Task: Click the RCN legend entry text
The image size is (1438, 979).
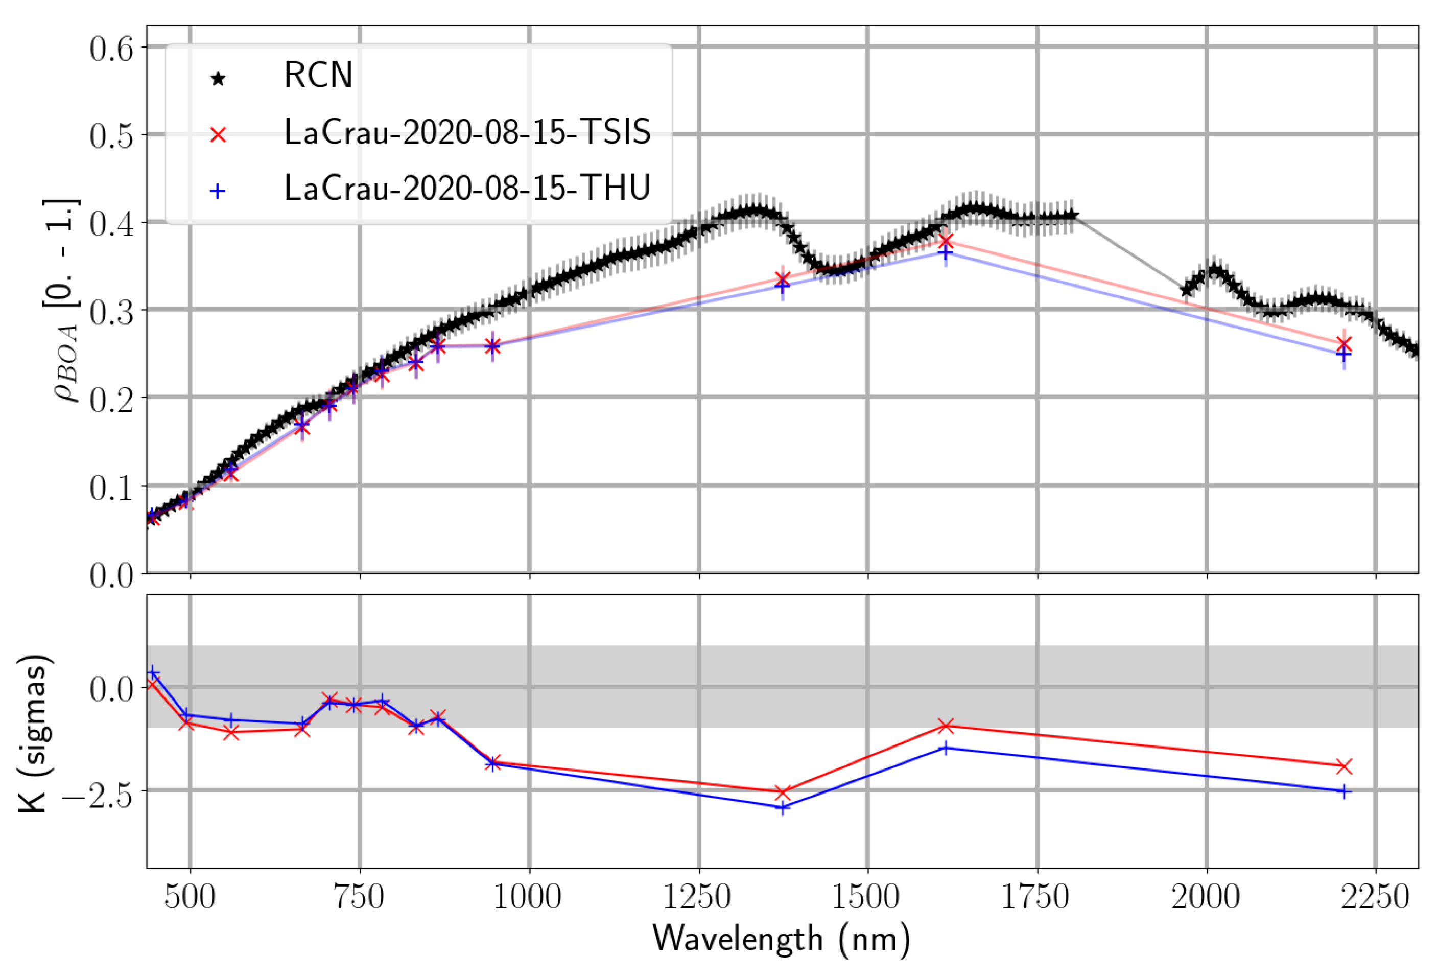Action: (x=317, y=76)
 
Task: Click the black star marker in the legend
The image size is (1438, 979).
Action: (x=218, y=79)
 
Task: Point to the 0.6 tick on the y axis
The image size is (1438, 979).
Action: (x=111, y=48)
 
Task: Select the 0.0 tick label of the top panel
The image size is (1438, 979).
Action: (x=111, y=575)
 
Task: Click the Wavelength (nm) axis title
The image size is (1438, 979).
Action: (x=782, y=939)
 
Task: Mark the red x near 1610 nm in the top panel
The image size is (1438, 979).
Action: (x=945, y=241)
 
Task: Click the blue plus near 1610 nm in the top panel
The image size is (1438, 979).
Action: (x=945, y=254)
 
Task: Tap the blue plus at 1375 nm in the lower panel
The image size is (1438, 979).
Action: (x=782, y=808)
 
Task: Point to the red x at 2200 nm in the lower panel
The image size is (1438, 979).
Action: (x=1343, y=767)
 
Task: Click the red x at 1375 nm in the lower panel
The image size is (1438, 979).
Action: (x=782, y=792)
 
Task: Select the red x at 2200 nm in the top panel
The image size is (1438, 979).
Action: (x=1343, y=343)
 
